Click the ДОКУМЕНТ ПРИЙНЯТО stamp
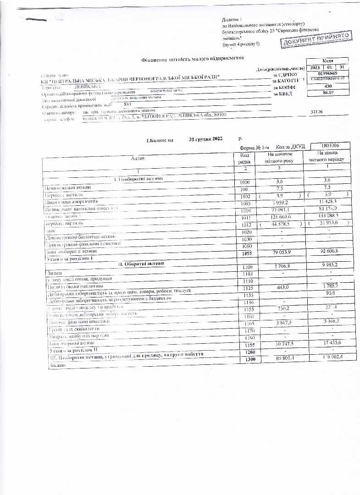316,39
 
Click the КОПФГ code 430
327,86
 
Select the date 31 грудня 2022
208,139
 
